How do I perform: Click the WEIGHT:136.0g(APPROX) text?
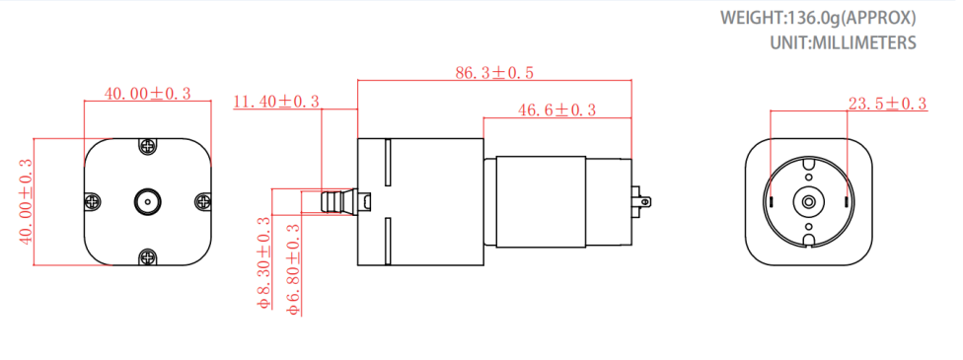coord(818,18)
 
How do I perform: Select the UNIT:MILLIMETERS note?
coord(843,43)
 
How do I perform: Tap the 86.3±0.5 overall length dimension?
coord(493,73)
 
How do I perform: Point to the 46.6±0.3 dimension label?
coord(556,110)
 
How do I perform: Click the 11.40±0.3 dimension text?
coord(276,102)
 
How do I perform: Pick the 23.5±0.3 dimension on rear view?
coord(887,104)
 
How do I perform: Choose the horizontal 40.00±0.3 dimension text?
coord(148,94)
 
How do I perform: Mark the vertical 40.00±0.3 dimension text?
coord(27,201)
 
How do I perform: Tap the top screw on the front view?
coord(148,146)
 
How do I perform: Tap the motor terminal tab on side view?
coord(643,202)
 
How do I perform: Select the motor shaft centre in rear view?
coord(808,201)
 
